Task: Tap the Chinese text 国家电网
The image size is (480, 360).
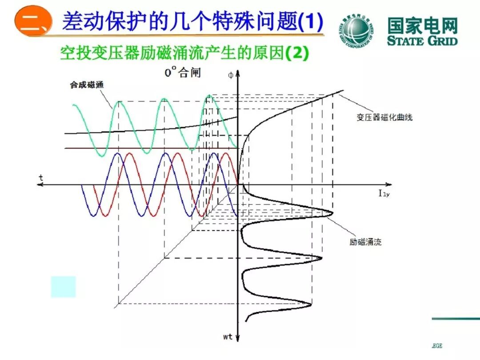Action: (x=422, y=26)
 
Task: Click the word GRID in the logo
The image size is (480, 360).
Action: (x=436, y=41)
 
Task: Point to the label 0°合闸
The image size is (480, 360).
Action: (x=183, y=72)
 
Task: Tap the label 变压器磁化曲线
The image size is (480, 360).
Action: (x=384, y=117)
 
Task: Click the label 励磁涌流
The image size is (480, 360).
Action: (x=365, y=242)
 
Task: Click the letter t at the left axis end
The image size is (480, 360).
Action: (x=41, y=177)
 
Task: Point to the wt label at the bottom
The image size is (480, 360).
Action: (x=228, y=337)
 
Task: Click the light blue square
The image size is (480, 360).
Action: (x=63, y=287)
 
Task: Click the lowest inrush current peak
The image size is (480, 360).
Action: (x=310, y=305)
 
